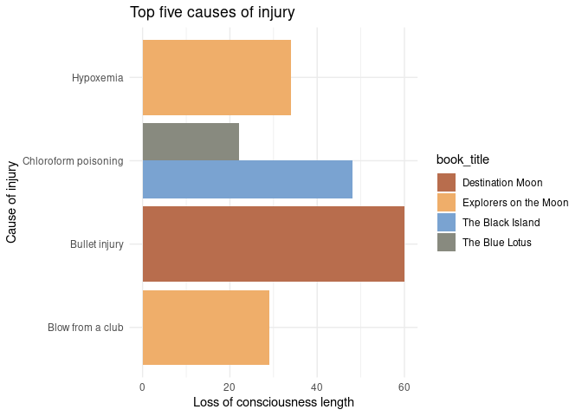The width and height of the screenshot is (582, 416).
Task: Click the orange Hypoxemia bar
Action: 217,77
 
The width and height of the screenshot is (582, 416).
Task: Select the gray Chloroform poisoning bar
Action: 191,141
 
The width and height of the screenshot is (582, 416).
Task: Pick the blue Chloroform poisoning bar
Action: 247,179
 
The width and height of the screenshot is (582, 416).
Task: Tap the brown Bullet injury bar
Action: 273,244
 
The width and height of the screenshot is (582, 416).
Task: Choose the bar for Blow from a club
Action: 205,327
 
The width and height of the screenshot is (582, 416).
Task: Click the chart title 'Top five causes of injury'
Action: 212,12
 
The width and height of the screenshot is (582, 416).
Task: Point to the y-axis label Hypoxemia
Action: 98,77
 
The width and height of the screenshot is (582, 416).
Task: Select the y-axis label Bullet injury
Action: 97,244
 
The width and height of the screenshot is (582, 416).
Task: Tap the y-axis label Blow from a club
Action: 86,327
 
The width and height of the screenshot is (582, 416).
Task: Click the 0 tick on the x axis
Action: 142,387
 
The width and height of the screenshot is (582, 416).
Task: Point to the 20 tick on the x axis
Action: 230,387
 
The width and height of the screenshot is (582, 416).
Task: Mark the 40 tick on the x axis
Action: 317,387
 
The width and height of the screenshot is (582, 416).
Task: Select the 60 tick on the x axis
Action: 404,387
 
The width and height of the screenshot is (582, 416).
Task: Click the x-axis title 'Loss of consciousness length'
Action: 274,402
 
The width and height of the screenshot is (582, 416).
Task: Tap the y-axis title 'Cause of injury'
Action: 12,202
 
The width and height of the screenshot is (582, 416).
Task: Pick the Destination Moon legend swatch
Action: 447,182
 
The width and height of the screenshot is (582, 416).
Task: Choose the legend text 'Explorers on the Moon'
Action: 515,202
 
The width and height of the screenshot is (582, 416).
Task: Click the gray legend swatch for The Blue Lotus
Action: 447,242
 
